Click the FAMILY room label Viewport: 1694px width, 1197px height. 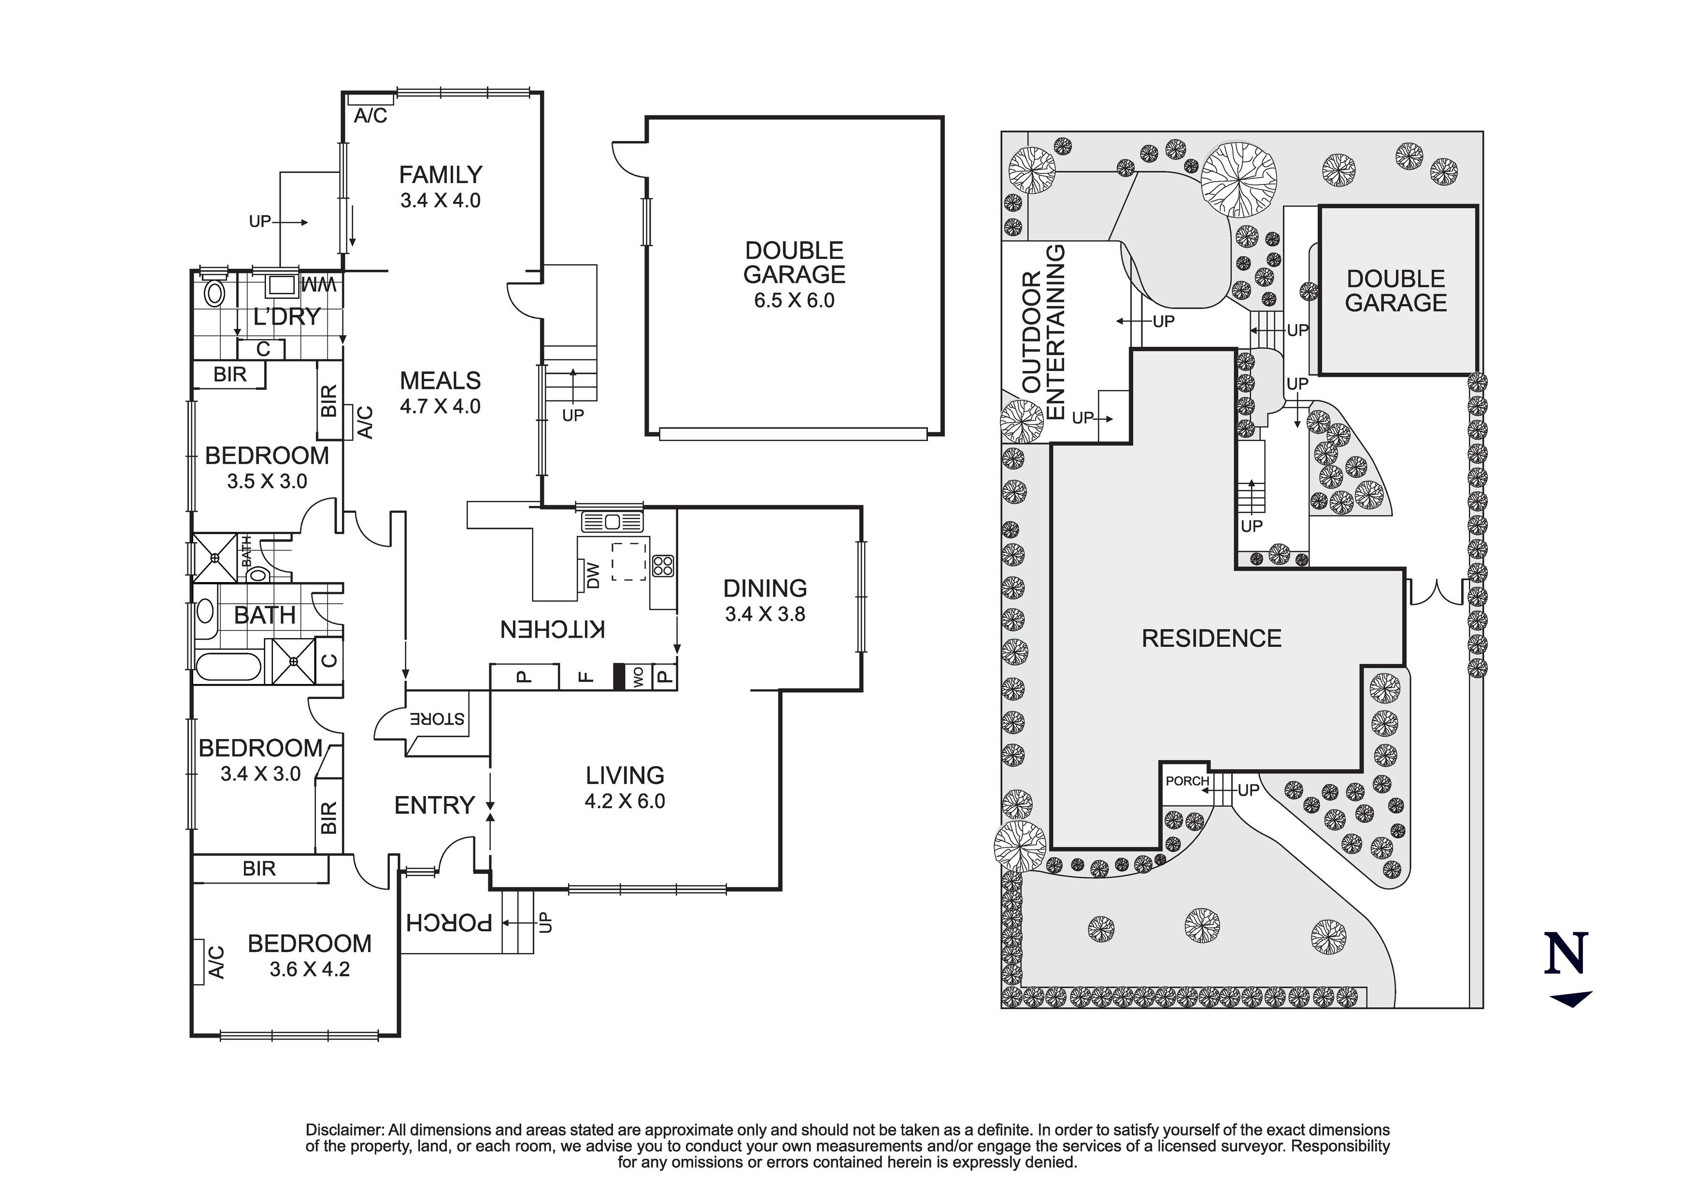[441, 175]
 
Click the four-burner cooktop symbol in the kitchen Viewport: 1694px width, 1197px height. [663, 565]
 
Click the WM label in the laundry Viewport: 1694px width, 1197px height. [319, 284]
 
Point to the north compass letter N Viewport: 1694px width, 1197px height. [1566, 954]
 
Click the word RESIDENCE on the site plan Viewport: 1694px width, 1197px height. [1211, 638]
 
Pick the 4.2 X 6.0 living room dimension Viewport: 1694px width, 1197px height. [625, 801]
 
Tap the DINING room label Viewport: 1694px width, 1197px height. [765, 588]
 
